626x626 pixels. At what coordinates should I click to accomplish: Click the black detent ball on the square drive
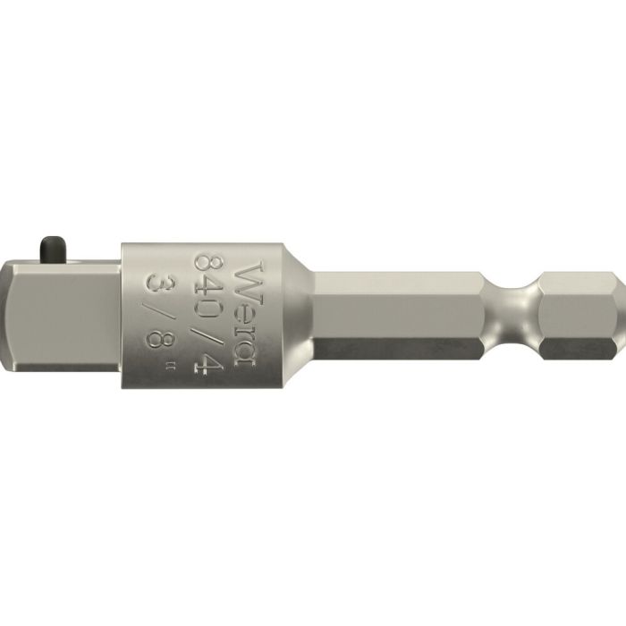[48, 247]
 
